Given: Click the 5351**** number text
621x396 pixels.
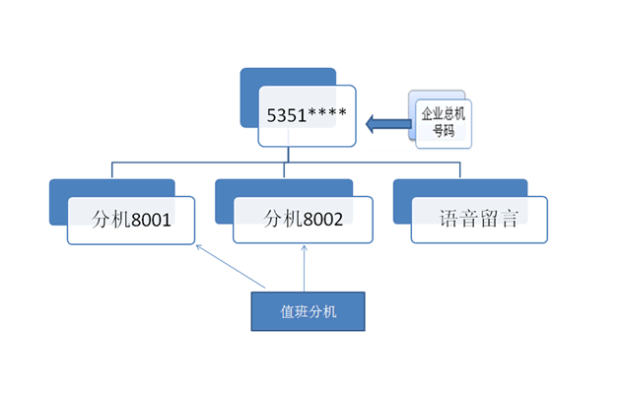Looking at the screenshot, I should pos(306,114).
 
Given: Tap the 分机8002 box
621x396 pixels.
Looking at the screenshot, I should pos(304,220).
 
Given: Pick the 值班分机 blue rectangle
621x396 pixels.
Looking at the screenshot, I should pos(308,312).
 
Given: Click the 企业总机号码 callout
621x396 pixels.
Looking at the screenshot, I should pos(442,121).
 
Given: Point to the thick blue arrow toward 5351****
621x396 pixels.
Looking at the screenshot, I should pos(386,124).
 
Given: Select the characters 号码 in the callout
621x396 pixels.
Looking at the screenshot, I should pos(442,130).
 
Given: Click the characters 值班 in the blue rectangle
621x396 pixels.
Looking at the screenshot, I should pos(294,312).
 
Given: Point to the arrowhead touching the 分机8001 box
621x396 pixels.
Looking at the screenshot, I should pos(199,246).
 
